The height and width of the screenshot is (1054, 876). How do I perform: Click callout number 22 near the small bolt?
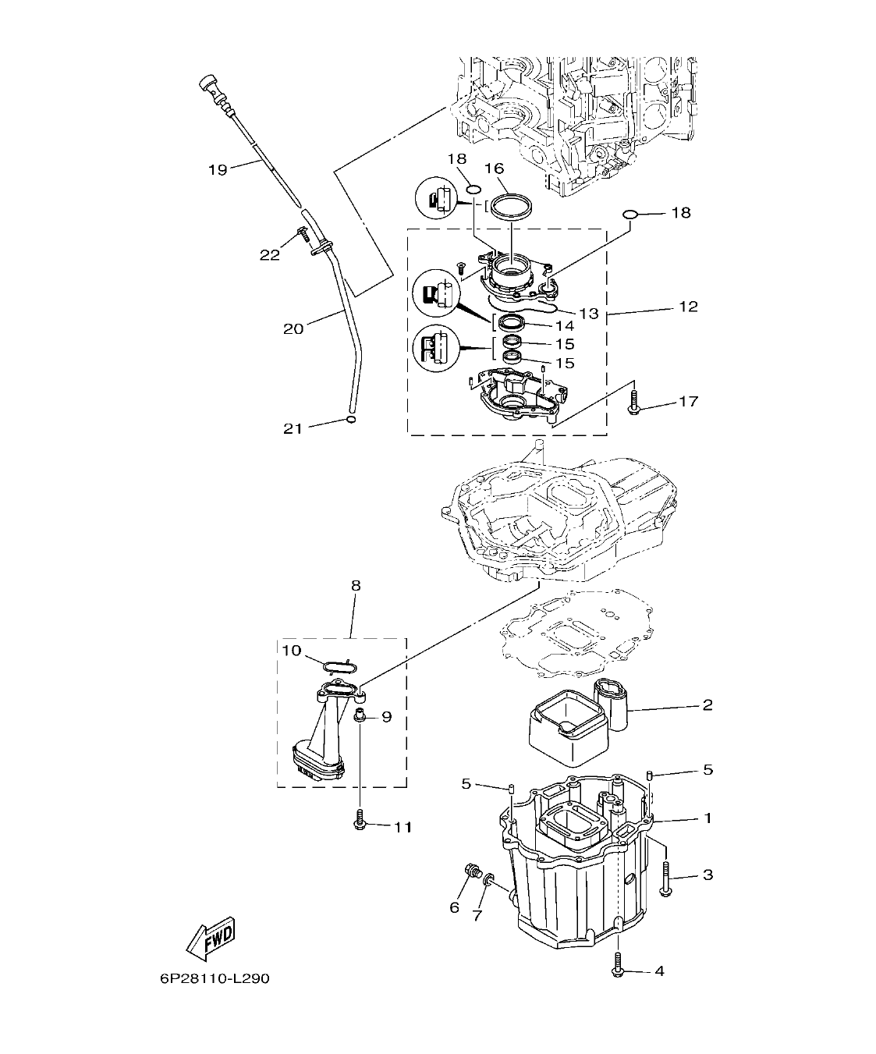tap(270, 255)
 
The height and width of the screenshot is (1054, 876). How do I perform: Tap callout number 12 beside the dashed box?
tap(687, 307)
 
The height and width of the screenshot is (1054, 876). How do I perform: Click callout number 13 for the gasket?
tap(589, 313)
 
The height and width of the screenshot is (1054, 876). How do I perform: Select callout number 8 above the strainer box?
tap(356, 584)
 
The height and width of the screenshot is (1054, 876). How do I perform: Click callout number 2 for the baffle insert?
tap(707, 705)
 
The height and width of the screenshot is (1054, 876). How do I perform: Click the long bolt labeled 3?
tap(665, 878)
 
